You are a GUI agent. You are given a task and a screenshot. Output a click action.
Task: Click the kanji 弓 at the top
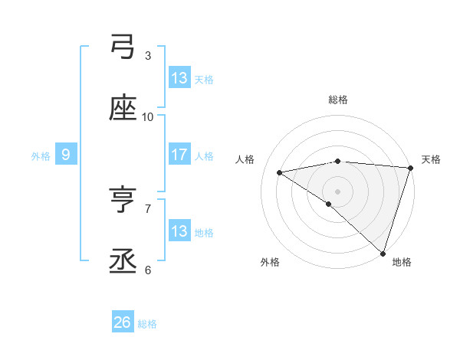(123, 47)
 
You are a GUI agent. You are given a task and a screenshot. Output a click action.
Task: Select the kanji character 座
(123, 109)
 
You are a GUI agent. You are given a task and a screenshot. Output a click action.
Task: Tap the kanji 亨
(123, 201)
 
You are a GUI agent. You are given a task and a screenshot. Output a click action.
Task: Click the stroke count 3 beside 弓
(148, 55)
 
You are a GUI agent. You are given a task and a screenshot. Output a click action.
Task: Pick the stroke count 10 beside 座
(148, 116)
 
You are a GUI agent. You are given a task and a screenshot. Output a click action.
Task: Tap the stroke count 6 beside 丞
(148, 270)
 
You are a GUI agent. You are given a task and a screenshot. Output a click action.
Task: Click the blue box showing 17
(179, 155)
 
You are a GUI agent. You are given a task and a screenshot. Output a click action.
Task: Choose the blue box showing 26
(123, 323)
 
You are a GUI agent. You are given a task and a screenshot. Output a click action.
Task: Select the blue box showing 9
(66, 155)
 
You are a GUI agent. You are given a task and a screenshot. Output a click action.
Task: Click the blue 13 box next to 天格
(179, 78)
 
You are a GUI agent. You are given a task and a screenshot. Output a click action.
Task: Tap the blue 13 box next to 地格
(179, 231)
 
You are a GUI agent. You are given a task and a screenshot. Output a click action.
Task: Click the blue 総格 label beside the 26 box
(147, 324)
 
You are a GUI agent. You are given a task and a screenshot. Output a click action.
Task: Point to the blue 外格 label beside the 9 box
(41, 155)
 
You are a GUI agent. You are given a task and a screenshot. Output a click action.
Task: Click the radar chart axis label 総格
(337, 100)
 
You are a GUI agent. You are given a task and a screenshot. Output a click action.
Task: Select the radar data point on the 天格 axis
(409, 168)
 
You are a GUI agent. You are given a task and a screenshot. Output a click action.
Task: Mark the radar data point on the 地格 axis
(382, 253)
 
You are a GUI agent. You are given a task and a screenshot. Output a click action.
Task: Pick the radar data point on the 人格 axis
(280, 172)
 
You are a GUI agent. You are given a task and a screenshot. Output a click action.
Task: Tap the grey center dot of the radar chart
(337, 191)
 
